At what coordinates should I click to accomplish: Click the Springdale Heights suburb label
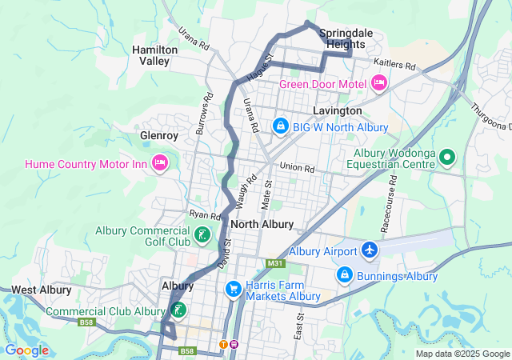[346, 39]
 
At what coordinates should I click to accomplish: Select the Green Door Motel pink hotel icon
[379, 83]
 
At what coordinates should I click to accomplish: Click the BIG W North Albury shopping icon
[281, 126]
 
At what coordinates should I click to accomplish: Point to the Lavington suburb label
[338, 110]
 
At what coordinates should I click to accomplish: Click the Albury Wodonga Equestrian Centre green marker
[448, 158]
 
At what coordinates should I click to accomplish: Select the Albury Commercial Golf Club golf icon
[203, 235]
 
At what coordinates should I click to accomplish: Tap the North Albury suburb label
[267, 224]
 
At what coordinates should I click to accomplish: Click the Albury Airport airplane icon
[370, 250]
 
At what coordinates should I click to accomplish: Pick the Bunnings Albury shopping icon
[345, 275]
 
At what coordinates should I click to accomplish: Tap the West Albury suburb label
[41, 290]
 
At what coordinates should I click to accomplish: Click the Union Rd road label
[297, 168]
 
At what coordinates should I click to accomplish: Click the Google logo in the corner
[26, 350]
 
